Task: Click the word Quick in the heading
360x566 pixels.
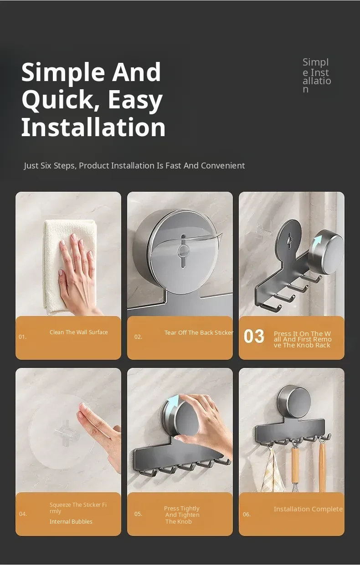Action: tap(58, 100)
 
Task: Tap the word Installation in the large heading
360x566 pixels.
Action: tap(93, 127)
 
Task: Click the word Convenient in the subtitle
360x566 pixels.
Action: tap(223, 166)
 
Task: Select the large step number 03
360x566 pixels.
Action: tap(254, 336)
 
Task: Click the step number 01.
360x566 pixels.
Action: tap(22, 337)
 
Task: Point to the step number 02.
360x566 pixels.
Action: tap(138, 337)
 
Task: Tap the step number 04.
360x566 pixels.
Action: tap(23, 514)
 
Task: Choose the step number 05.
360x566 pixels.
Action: tap(138, 514)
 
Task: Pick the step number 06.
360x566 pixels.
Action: tap(247, 515)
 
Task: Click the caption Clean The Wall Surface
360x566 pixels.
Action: tap(79, 332)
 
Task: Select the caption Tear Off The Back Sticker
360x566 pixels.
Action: tap(199, 333)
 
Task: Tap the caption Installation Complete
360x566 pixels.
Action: tap(308, 509)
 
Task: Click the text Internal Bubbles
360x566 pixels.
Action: tap(71, 522)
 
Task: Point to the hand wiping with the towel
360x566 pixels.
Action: tap(77, 273)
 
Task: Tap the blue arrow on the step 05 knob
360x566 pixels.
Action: tap(174, 404)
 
